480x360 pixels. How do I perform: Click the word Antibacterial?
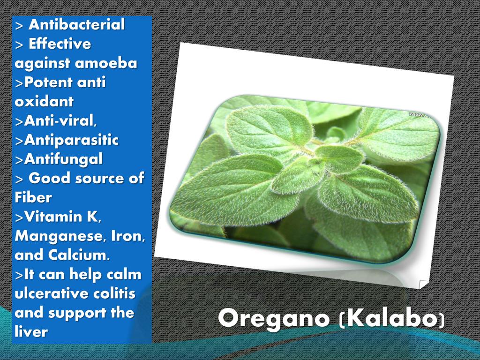point(77,24)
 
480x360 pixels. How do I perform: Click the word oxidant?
point(44,102)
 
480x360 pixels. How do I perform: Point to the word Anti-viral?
point(60,121)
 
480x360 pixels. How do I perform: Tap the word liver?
point(31,332)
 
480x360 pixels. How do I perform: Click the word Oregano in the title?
point(274,319)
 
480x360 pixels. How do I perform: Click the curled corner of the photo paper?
point(423,284)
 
